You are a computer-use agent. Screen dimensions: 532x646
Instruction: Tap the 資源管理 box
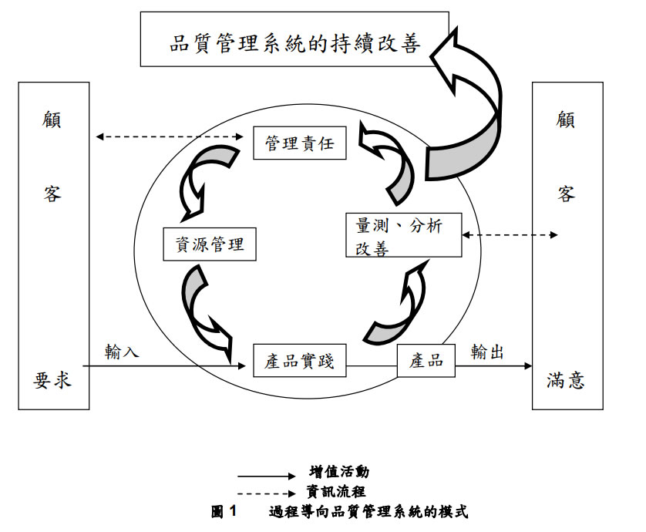click(x=210, y=245)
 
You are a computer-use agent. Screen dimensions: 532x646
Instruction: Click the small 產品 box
click(x=426, y=360)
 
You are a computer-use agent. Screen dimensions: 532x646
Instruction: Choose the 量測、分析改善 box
click(x=402, y=235)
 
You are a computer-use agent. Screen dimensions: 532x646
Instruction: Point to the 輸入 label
click(x=123, y=352)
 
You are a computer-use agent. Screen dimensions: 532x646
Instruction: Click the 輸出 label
click(x=487, y=352)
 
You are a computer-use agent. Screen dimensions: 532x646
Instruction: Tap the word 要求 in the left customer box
click(x=52, y=379)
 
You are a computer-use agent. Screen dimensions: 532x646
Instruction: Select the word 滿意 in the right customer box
click(x=566, y=379)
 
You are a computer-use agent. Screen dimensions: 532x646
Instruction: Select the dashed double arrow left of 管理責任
click(x=170, y=137)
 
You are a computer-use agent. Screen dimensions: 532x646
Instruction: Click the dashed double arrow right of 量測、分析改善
click(x=509, y=234)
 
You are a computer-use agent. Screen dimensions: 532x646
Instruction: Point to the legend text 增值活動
click(x=334, y=471)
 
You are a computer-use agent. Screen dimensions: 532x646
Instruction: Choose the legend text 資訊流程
click(x=334, y=490)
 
